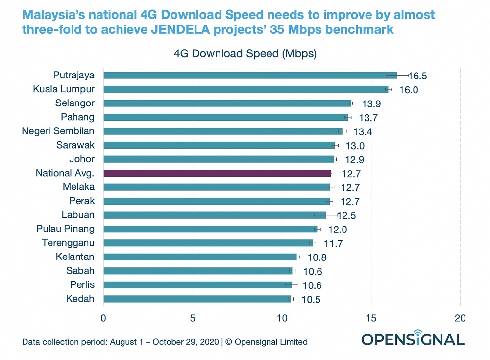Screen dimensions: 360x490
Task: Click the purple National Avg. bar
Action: [x=218, y=173]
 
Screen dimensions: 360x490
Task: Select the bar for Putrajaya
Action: [x=250, y=75]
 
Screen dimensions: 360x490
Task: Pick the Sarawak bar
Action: [x=219, y=145]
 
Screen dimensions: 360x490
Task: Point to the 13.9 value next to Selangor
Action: [x=370, y=103]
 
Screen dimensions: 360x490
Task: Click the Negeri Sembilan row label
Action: [x=58, y=131]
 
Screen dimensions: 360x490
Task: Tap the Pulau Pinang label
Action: [x=66, y=229]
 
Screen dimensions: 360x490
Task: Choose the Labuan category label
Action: [x=78, y=215]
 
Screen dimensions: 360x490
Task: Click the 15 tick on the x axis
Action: [x=371, y=318]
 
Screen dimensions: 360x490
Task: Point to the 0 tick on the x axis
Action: [x=103, y=318]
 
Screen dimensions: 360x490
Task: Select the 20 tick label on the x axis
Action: [x=460, y=318]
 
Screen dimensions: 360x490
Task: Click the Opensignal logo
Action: [x=413, y=338]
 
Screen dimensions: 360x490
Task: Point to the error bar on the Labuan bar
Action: [x=326, y=215]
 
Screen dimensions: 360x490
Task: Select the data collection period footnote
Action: [x=165, y=342]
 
